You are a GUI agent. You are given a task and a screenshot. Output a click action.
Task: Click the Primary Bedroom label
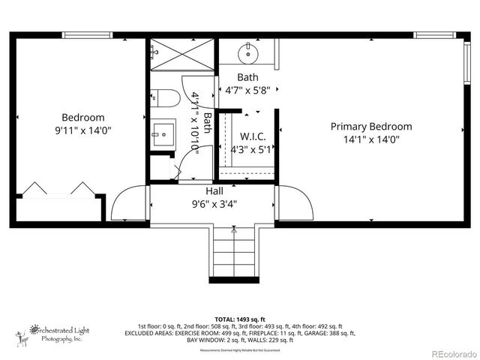[x=371, y=126]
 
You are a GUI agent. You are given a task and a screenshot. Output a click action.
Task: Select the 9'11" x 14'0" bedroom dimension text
[x=82, y=130]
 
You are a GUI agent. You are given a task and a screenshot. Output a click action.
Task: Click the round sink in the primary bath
[x=248, y=53]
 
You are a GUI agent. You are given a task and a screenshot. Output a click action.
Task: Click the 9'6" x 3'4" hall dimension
[x=214, y=203]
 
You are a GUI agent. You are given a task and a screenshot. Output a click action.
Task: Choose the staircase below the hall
[x=232, y=251]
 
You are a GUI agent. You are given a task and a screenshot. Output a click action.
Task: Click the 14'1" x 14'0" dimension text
[x=371, y=139]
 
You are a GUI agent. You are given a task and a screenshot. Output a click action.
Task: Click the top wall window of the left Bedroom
[x=87, y=35]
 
